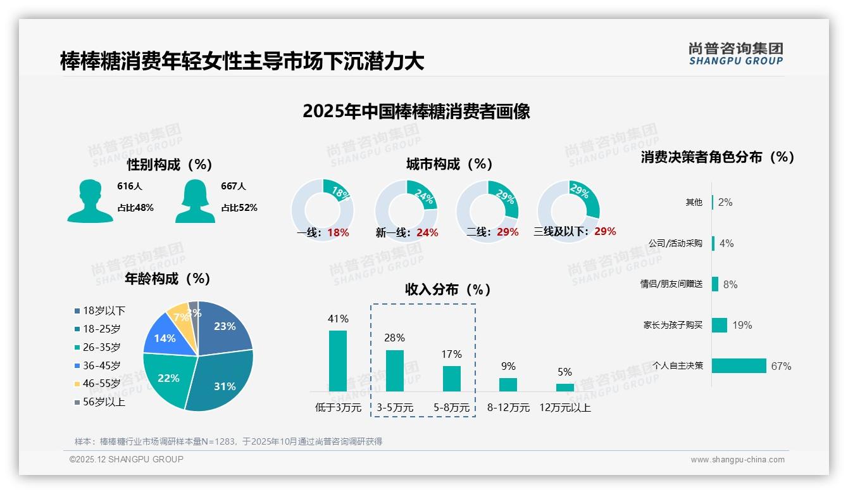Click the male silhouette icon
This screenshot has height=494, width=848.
[90, 201]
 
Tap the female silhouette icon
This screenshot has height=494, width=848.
[195, 201]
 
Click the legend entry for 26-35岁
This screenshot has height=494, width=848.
[101, 347]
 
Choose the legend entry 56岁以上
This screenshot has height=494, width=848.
[104, 402]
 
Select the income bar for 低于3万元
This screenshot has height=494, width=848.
[338, 360]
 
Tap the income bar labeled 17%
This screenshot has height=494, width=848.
[452, 378]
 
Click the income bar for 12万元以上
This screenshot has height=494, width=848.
[565, 387]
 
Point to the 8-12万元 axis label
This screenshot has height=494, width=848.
[508, 408]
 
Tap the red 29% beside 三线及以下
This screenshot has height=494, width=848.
[605, 232]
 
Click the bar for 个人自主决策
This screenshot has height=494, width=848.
[739, 366]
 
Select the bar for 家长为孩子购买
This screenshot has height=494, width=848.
[720, 325]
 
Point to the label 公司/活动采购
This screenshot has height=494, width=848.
[675, 243]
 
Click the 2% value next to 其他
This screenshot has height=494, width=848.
[725, 202]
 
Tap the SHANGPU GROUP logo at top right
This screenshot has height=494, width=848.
[735, 54]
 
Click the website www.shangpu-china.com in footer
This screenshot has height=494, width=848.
[737, 460]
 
